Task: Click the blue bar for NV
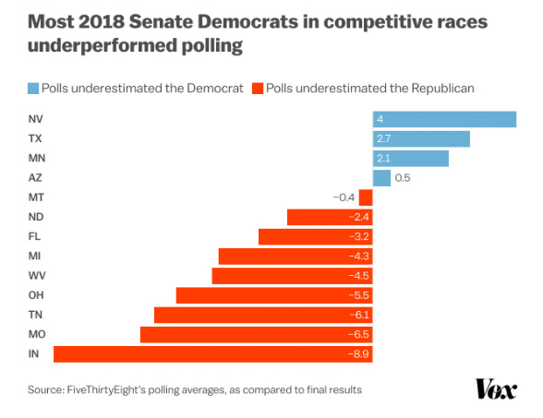[x=444, y=119]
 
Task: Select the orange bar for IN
[x=212, y=354]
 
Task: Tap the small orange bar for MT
[x=366, y=197]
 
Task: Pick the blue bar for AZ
[x=381, y=178]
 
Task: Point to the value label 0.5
[x=403, y=178]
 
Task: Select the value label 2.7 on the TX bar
[x=385, y=138]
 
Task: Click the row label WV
[x=36, y=276]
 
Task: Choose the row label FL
[x=34, y=236]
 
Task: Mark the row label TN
[x=35, y=315]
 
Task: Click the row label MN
[x=36, y=158]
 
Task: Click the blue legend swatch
[x=33, y=89]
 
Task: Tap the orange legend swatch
[x=257, y=89]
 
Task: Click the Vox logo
[x=495, y=389]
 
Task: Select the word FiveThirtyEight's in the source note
[x=110, y=390]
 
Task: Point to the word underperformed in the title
[x=95, y=45]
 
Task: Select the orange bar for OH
[x=273, y=295]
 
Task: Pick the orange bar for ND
[x=329, y=217]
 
